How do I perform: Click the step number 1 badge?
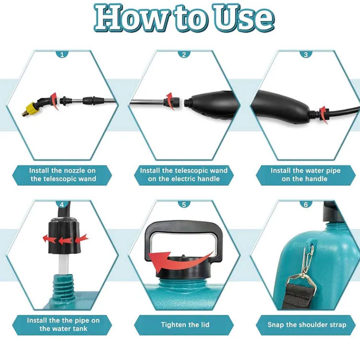click(62, 54)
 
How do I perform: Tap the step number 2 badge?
click(184, 54)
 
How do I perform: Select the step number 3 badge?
click(306, 54)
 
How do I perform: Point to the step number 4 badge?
click(62, 204)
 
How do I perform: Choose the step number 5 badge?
click(184, 204)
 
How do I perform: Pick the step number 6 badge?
click(306, 204)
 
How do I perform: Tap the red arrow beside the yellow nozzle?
click(54, 101)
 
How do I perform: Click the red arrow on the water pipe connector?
click(323, 115)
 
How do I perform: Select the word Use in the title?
click(244, 18)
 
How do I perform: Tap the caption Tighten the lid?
click(185, 324)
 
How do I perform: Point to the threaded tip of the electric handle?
click(188, 102)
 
